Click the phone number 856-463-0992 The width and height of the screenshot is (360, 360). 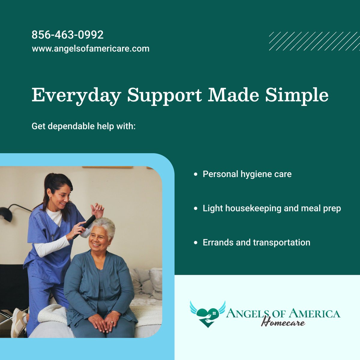coord(67,35)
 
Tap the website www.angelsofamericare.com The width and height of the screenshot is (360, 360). coord(90,48)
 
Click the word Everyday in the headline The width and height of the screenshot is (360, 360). coord(76,95)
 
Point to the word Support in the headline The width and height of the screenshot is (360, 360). coord(164,95)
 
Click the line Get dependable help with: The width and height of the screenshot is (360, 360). coord(84,126)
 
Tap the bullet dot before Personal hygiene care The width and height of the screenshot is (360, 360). coord(196,174)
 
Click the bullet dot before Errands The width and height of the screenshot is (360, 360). coord(196,242)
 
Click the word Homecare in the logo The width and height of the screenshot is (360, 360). coord(283,323)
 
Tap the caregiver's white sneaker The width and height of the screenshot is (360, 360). coord(18,322)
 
